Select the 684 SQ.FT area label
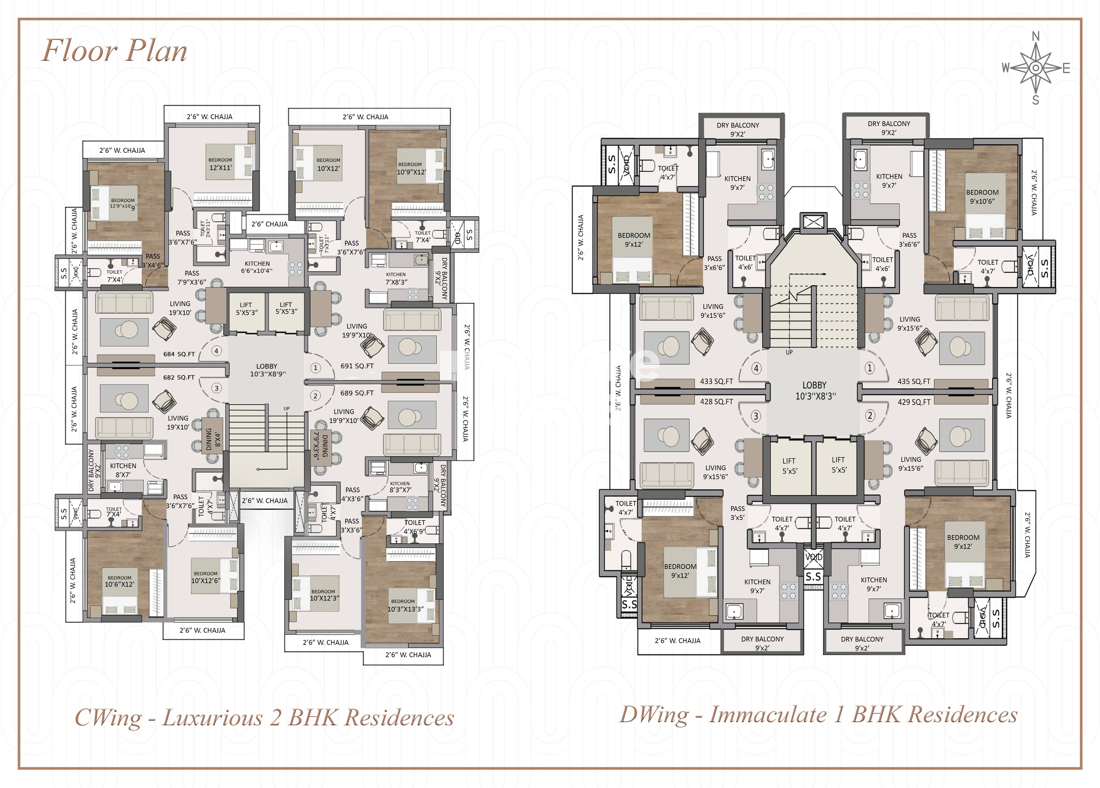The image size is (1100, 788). click(x=179, y=354)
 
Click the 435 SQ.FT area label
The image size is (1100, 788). click(x=914, y=381)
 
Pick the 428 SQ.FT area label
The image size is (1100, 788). click(x=716, y=402)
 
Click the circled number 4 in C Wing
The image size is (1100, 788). click(x=216, y=351)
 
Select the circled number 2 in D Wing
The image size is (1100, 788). click(x=870, y=415)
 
